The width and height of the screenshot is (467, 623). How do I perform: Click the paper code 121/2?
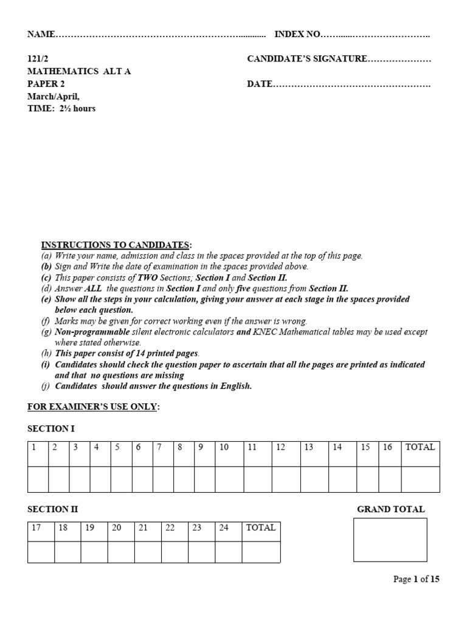[38, 59]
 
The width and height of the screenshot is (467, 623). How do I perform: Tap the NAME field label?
[41, 34]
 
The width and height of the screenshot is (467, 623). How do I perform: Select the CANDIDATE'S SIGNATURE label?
[307, 59]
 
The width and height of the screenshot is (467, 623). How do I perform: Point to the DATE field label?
[260, 84]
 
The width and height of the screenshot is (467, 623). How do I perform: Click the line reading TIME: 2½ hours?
[61, 109]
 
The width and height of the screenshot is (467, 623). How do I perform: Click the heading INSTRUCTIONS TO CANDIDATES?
[116, 245]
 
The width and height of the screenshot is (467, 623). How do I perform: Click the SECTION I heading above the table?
[51, 429]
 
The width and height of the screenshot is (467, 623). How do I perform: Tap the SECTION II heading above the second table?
[53, 509]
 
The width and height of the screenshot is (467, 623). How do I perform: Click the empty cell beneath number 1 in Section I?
[38, 479]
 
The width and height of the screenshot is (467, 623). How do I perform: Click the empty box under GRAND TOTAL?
[390, 540]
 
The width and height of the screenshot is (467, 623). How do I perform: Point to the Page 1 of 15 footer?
[417, 579]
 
